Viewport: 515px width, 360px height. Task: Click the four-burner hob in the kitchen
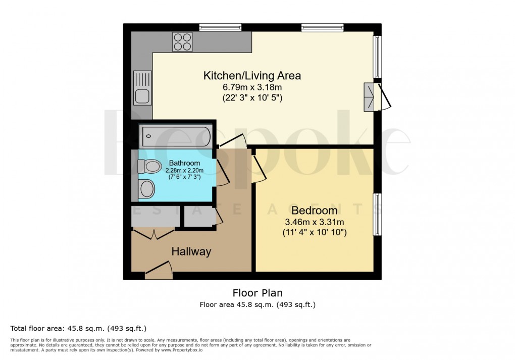tap(182, 41)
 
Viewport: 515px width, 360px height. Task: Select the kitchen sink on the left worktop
tap(142, 87)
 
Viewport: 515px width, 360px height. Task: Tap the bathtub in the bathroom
tap(176, 135)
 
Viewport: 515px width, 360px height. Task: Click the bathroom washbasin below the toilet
tap(147, 189)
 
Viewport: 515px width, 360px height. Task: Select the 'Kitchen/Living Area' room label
tap(252, 76)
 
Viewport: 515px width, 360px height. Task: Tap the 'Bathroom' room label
tap(184, 163)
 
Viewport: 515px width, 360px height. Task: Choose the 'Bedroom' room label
tap(314, 211)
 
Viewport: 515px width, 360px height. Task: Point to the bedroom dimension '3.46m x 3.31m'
tap(314, 222)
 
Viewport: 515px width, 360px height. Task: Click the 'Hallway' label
tap(191, 251)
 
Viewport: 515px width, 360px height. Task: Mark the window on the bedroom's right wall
tap(377, 214)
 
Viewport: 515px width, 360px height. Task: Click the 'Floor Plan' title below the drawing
tap(257, 293)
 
